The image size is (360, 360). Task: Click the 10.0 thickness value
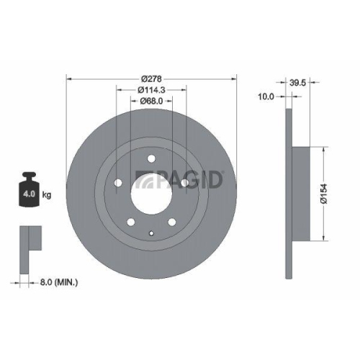click(x=267, y=96)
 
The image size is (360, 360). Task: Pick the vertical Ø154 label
click(x=325, y=193)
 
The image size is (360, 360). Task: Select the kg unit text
click(x=48, y=195)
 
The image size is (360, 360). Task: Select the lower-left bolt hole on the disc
click(x=130, y=221)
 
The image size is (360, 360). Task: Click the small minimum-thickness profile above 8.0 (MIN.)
click(x=27, y=238)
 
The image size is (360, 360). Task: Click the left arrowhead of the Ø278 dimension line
click(x=69, y=78)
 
